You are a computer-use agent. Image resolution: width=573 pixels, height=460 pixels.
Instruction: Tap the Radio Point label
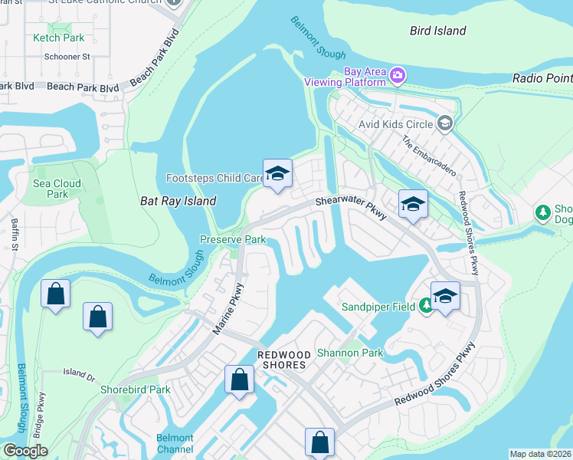[x=542, y=78]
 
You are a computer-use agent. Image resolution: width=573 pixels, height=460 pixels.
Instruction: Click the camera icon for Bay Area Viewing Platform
[x=398, y=75]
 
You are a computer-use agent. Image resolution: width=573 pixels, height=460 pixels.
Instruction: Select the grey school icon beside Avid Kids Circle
[x=444, y=123]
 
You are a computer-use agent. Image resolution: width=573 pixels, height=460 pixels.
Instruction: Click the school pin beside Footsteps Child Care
[x=277, y=174]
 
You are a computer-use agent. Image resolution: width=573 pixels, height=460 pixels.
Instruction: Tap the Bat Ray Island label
[x=178, y=201]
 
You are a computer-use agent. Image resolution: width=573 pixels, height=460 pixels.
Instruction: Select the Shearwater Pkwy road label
[x=351, y=205]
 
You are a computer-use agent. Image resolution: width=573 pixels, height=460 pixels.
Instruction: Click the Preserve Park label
[x=233, y=239]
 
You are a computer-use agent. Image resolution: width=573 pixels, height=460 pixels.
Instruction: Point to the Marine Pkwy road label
[x=228, y=307]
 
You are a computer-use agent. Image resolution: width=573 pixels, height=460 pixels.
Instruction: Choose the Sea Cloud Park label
[x=57, y=189]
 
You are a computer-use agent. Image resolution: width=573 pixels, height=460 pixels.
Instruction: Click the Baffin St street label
[x=15, y=234]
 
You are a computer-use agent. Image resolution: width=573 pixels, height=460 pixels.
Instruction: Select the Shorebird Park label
[x=135, y=389]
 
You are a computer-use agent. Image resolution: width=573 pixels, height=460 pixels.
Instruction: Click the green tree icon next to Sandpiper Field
[x=427, y=307]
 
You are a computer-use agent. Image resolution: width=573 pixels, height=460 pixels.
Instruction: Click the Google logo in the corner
[x=25, y=451]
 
